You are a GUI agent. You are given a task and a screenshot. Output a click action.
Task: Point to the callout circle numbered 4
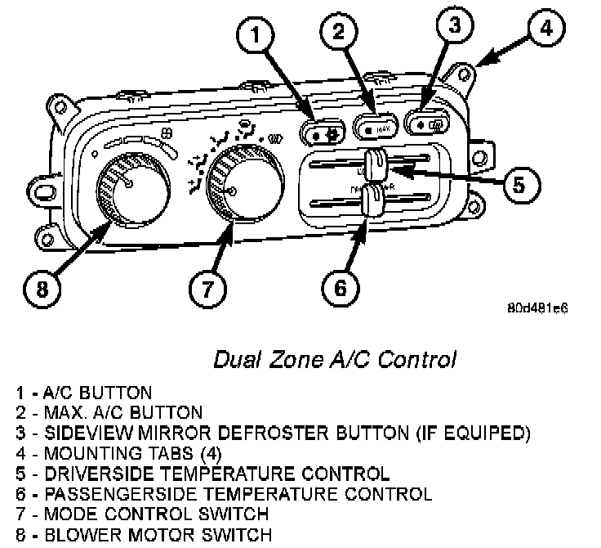[x=545, y=29]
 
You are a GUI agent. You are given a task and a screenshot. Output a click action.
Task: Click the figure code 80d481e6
[x=537, y=309]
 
